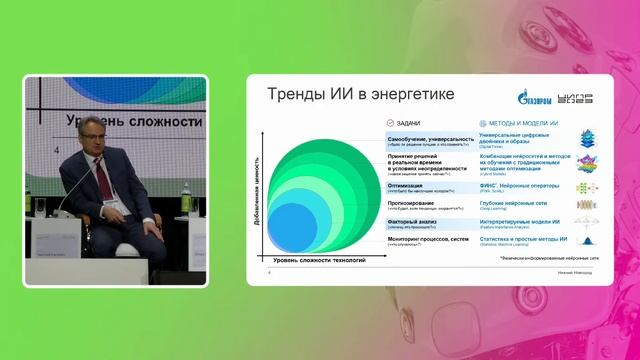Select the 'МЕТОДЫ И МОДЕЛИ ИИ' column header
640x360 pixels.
tap(521, 121)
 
